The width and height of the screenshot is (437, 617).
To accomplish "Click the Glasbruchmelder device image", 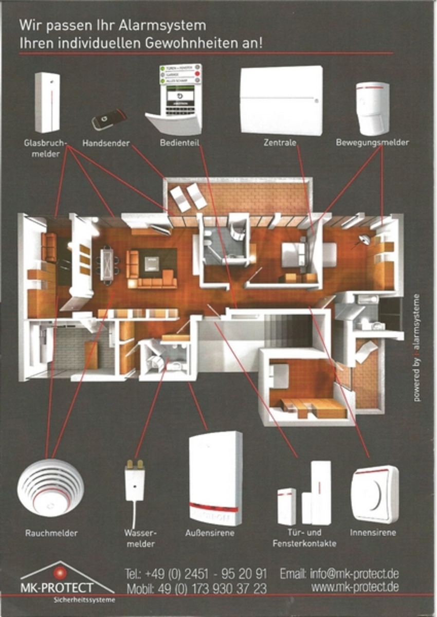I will (x=47, y=102).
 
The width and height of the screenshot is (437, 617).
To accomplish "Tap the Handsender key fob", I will (x=109, y=120).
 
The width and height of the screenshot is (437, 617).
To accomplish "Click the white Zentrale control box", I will (x=281, y=100).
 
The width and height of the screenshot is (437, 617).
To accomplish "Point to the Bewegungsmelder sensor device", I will (x=372, y=107).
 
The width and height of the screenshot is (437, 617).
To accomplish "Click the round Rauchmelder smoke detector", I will (x=50, y=486).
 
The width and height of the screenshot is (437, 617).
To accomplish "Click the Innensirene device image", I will (x=374, y=494).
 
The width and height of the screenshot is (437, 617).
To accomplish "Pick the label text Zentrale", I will (x=281, y=142).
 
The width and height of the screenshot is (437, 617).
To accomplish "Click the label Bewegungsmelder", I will (x=372, y=142).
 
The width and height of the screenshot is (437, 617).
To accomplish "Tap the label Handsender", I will (x=106, y=142).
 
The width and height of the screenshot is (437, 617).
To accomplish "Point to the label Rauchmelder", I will (x=51, y=533).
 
